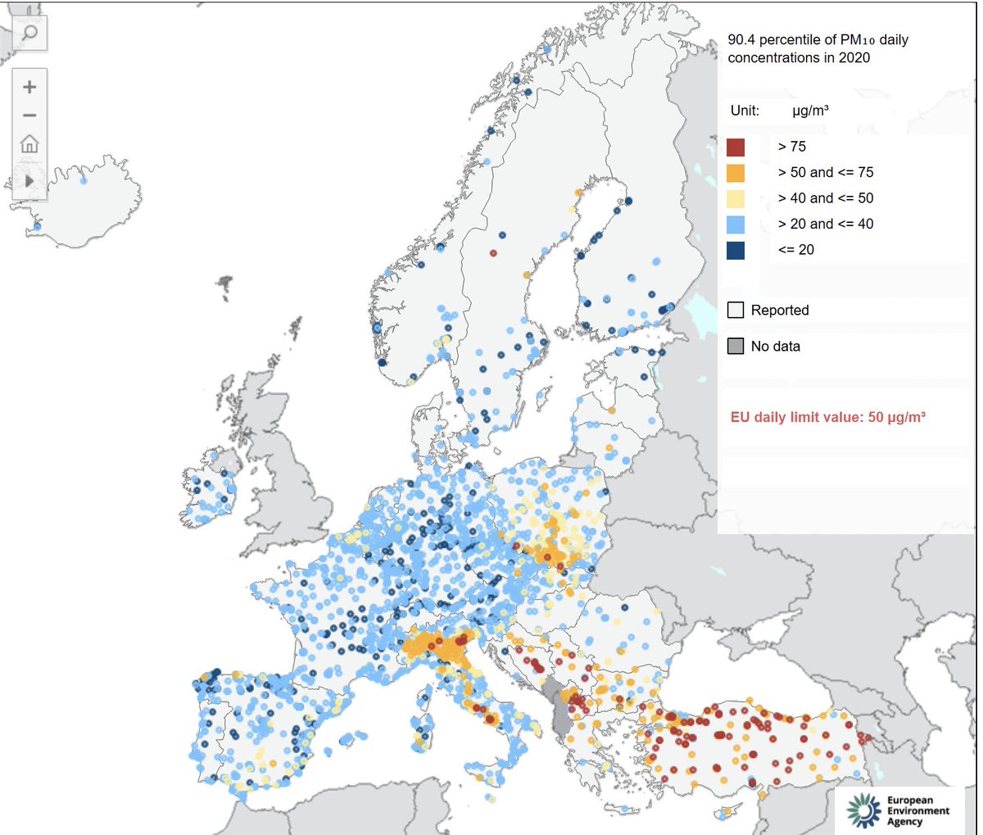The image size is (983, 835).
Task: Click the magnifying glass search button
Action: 29,33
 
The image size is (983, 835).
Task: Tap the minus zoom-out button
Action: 29,116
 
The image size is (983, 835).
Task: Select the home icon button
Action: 29,144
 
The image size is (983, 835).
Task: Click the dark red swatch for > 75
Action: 735,147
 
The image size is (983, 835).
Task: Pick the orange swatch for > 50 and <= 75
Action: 735,173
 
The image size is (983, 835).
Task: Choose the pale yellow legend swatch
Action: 735,198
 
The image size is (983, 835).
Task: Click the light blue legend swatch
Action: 735,225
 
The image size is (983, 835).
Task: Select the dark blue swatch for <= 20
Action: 735,250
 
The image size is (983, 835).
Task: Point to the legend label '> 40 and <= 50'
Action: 825,198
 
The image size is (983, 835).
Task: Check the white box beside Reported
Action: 736,311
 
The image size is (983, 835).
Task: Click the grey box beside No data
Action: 736,347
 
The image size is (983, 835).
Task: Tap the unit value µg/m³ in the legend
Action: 810,111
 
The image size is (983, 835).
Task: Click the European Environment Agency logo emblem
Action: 863,810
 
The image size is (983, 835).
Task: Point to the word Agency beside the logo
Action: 904,822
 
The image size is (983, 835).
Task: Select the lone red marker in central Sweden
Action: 493,253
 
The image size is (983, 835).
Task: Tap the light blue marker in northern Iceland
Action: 84,180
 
